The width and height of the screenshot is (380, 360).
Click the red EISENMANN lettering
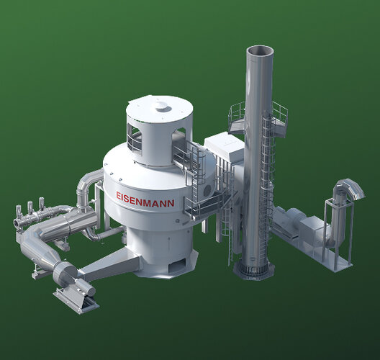coord(145,199)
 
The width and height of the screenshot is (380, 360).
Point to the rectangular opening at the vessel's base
coord(177,264)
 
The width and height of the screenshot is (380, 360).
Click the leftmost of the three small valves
coord(19,211)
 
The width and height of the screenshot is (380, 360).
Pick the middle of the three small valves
coord(30,207)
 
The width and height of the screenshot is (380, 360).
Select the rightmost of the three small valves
coord(42,204)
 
